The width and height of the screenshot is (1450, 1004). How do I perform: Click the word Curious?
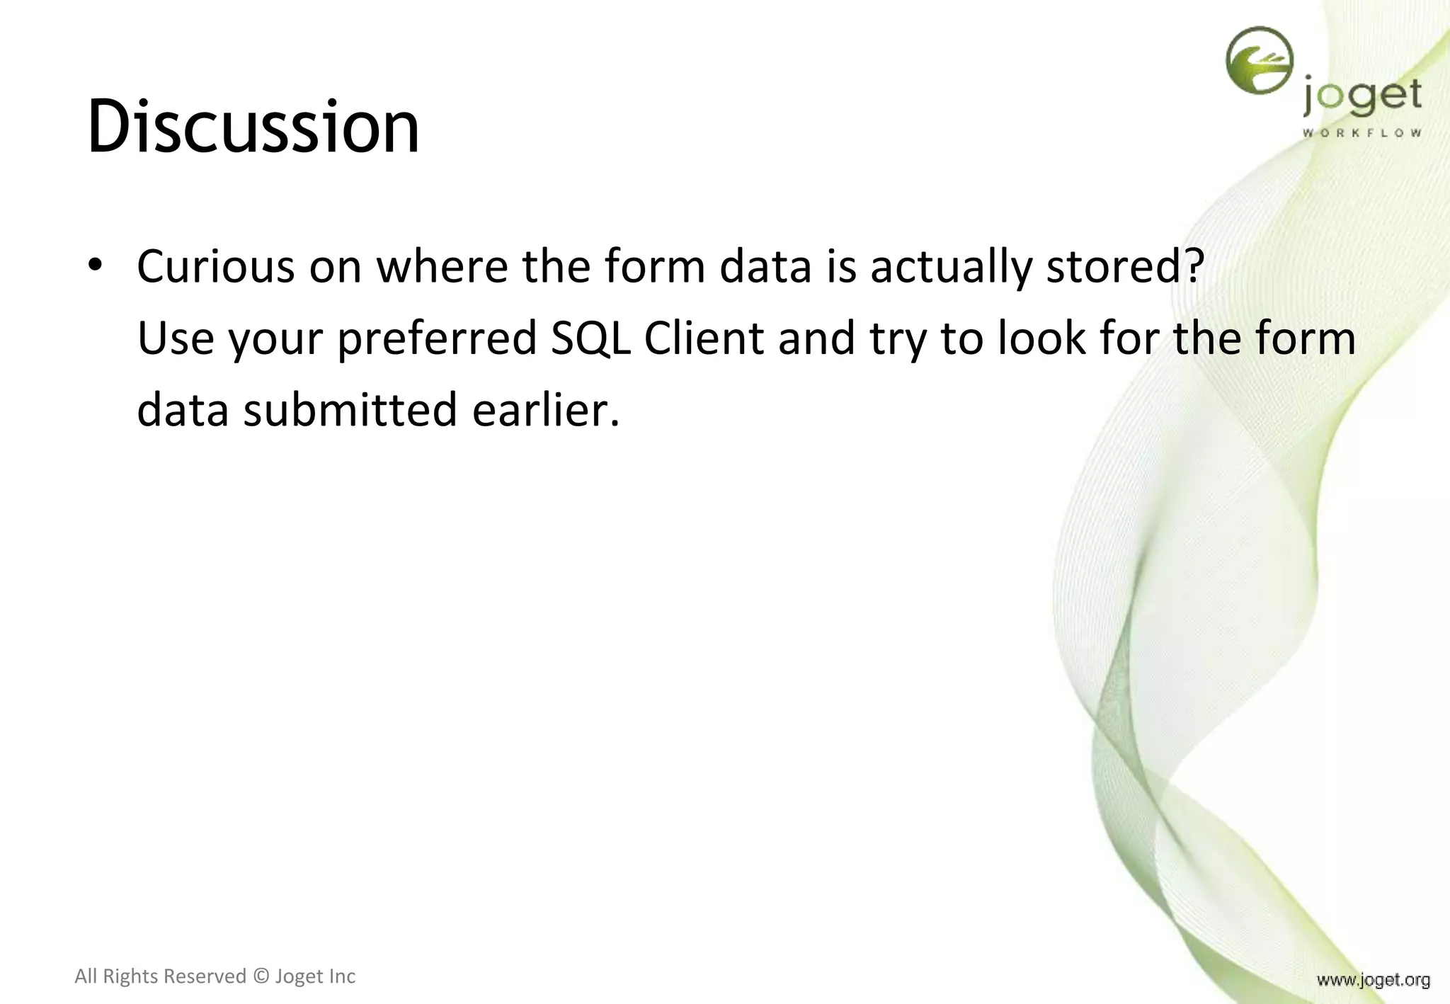(x=215, y=266)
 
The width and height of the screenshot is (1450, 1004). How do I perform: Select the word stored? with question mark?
(x=1125, y=266)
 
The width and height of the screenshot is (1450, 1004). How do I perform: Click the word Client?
(x=704, y=338)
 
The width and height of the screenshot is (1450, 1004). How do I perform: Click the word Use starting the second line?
(x=176, y=338)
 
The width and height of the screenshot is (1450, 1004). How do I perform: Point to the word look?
(x=1041, y=338)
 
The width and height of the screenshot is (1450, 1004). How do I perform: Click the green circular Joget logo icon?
(x=1259, y=61)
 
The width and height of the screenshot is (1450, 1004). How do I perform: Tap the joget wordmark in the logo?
(x=1361, y=98)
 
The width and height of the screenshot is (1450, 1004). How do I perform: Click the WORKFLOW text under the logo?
(x=1361, y=133)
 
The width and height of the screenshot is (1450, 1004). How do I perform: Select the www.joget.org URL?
(x=1373, y=980)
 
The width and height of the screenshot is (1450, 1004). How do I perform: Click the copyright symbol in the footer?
(x=261, y=976)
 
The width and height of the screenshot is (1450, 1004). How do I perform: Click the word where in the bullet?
(x=442, y=266)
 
